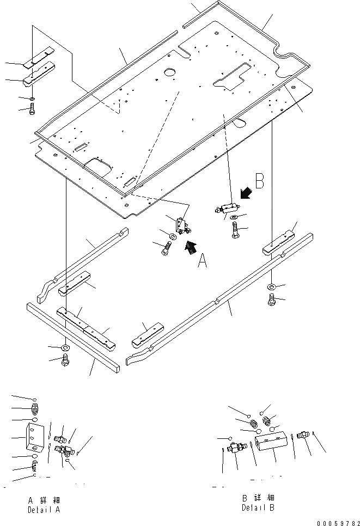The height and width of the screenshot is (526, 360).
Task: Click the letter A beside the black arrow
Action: coord(202,262)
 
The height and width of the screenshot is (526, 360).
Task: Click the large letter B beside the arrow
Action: coord(259,181)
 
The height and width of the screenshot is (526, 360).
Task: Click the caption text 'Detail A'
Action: coord(44,510)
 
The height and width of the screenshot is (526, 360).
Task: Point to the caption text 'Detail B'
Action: coord(258,507)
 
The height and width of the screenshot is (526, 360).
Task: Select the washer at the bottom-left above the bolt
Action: coord(64,347)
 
